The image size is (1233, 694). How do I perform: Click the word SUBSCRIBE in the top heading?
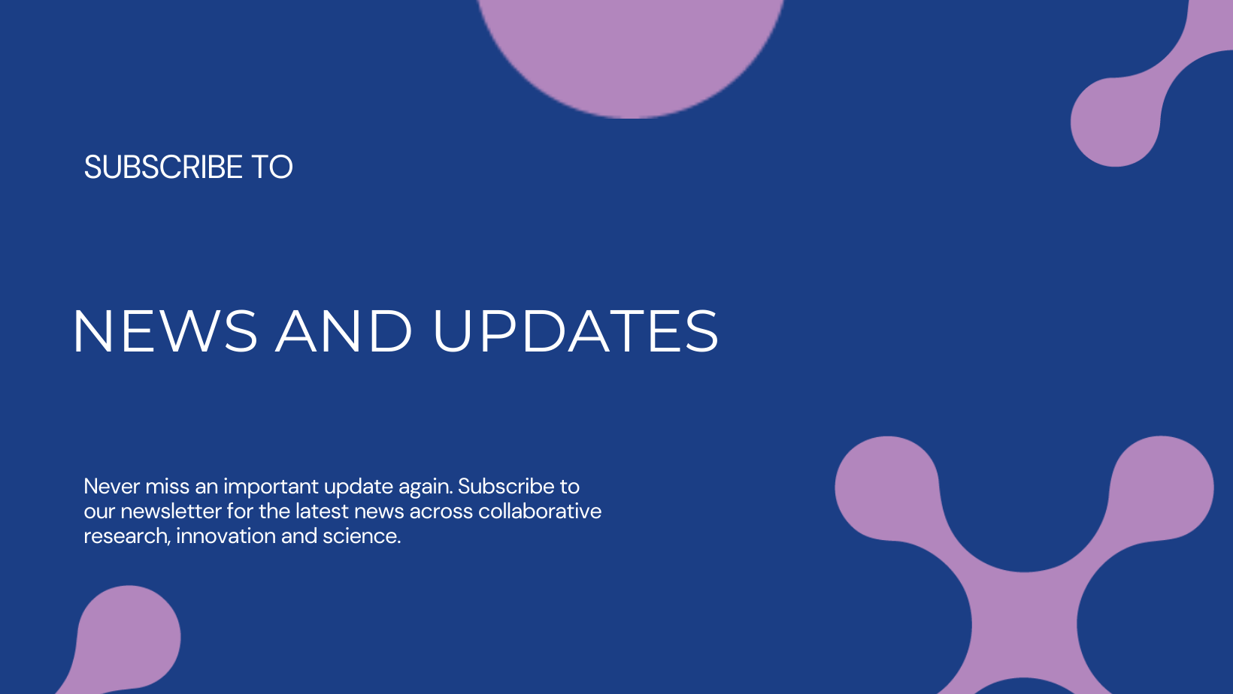click(163, 167)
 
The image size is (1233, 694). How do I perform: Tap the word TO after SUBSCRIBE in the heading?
click(272, 167)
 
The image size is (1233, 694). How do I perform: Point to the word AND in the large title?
click(344, 331)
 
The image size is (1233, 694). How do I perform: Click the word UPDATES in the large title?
click(576, 331)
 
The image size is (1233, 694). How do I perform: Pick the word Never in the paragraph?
click(112, 486)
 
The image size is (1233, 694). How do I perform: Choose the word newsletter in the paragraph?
click(171, 511)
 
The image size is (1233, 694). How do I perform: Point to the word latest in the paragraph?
click(322, 511)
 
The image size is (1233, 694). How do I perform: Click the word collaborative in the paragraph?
click(540, 511)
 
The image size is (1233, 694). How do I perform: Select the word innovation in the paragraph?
click(226, 536)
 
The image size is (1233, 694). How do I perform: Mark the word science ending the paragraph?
click(362, 536)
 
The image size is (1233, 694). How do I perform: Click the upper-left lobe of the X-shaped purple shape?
click(887, 487)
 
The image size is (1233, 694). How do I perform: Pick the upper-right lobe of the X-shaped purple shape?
click(1161, 487)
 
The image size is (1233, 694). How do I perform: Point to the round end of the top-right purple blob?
click(1116, 122)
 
